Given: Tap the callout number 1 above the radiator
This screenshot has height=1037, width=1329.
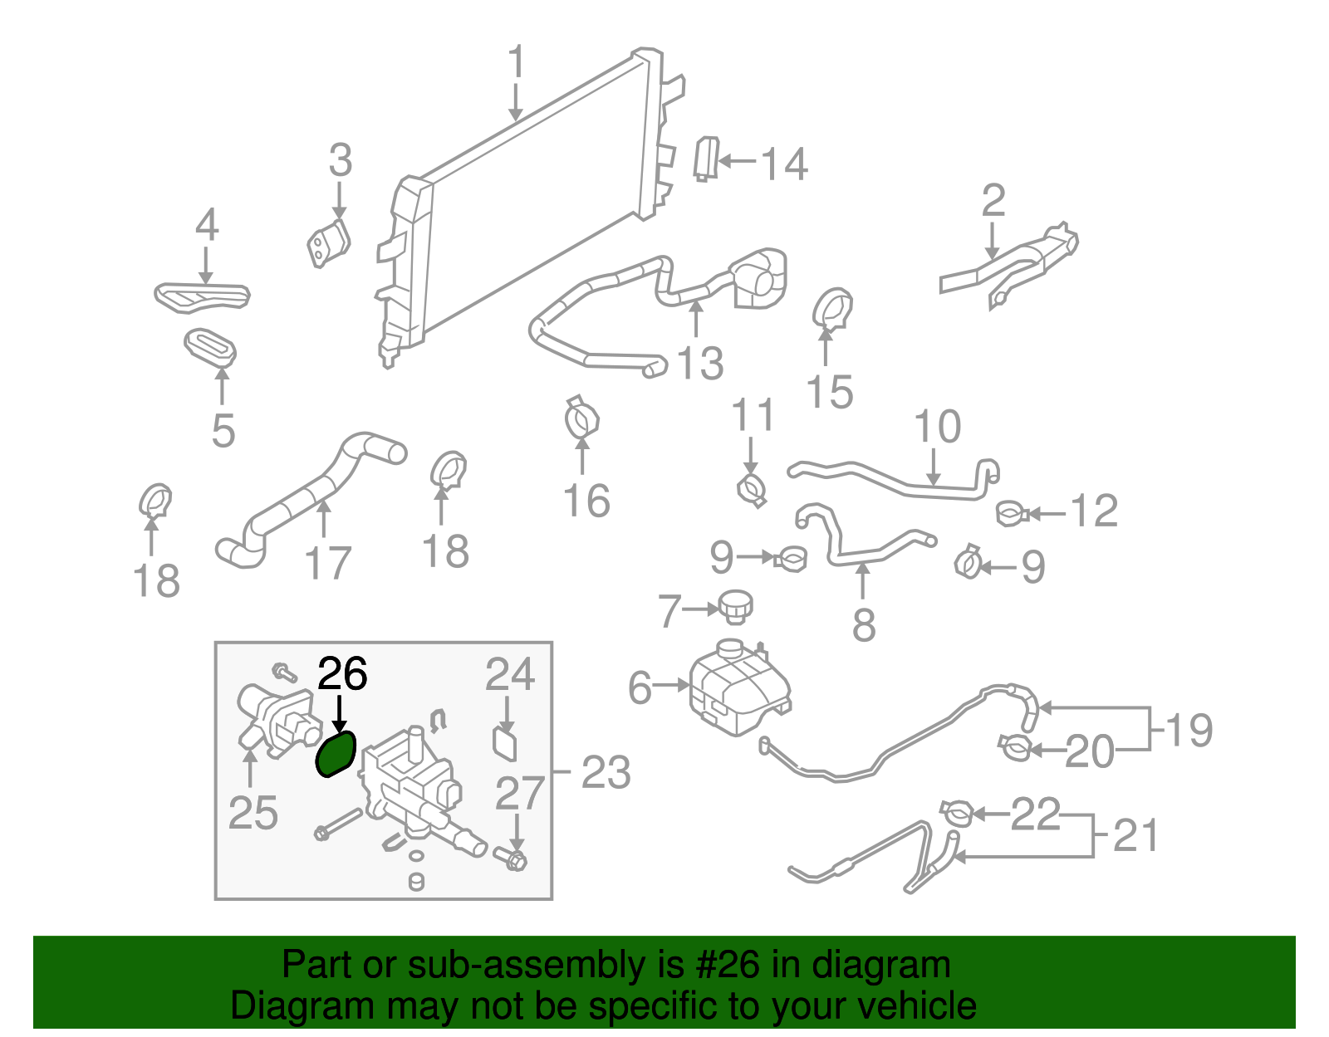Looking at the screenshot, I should click(517, 63).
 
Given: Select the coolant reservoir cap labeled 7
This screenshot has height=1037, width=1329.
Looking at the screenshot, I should click(735, 606).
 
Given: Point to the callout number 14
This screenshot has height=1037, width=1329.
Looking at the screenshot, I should click(784, 164).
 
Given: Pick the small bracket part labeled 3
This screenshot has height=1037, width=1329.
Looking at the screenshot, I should click(329, 242).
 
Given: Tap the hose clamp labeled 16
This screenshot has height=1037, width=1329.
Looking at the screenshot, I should click(582, 418).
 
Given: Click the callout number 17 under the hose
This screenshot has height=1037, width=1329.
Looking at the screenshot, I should click(328, 564).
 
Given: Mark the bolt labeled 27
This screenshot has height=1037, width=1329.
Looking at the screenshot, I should click(512, 859).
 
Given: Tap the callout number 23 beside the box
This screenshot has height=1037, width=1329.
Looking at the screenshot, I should click(606, 772).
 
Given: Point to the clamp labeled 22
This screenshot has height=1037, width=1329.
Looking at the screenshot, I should click(955, 812).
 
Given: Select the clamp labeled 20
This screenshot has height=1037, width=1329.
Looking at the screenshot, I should click(1016, 748).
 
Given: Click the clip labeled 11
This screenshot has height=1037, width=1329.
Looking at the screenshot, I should click(751, 490).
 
